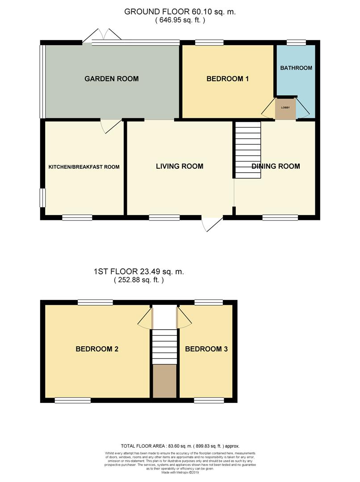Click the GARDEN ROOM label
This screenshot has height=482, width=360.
112,79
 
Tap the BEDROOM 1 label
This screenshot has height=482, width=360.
227,79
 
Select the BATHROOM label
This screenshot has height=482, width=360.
296,68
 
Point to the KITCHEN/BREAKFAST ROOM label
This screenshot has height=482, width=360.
84,167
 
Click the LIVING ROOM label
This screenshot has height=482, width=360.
180,166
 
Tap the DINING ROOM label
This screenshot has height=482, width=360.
276,166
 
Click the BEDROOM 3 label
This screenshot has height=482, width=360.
206,349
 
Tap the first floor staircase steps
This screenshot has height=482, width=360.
164,346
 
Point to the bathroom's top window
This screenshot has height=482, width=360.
296,43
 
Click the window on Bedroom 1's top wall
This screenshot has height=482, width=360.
209,43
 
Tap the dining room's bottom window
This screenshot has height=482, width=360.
280,217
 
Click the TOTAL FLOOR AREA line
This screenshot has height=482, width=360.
180,446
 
